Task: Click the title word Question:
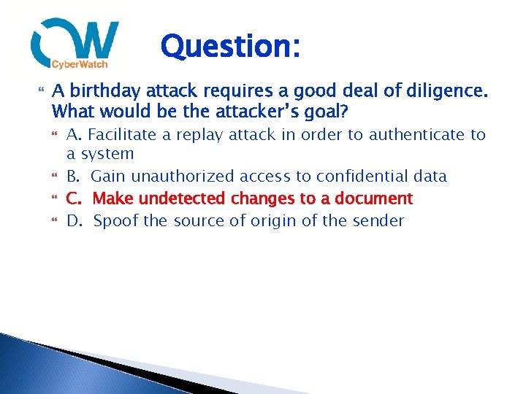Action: tap(229, 47)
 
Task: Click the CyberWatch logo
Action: tap(75, 44)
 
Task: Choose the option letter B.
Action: tap(73, 177)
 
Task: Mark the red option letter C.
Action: tap(73, 198)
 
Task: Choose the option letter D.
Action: tap(73, 220)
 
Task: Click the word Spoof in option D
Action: tap(116, 220)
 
